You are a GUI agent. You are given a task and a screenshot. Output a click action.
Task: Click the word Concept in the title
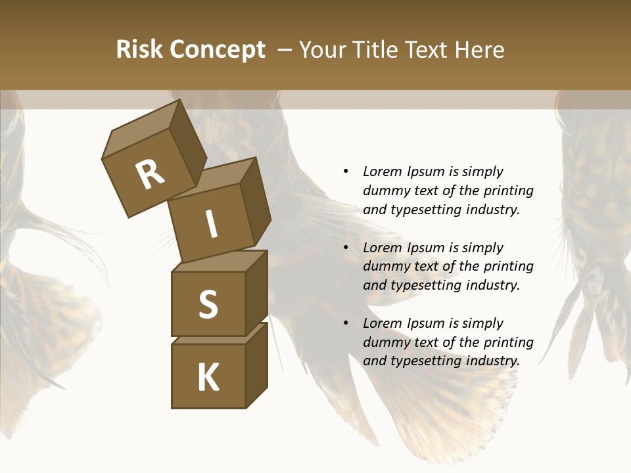[218, 50]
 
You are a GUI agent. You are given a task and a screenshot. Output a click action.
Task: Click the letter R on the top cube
[150, 175]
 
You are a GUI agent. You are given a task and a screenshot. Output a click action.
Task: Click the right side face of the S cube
[257, 292]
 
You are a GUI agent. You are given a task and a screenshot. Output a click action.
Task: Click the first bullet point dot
[346, 172]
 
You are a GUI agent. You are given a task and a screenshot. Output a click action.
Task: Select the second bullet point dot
[346, 248]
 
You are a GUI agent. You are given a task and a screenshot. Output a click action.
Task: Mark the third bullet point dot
[346, 323]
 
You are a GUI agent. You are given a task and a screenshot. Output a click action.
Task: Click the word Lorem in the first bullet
[383, 172]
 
